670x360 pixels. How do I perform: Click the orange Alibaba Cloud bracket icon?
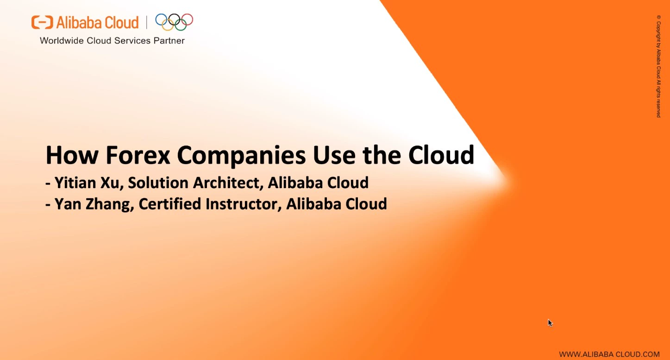(x=42, y=22)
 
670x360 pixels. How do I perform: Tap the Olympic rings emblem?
(x=174, y=22)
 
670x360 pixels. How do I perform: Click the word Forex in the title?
(x=138, y=155)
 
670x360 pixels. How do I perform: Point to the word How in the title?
(x=72, y=155)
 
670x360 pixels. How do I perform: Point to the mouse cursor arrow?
(x=551, y=323)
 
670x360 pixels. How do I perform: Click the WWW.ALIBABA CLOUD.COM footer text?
(x=609, y=354)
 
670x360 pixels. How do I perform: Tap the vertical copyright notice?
(x=658, y=66)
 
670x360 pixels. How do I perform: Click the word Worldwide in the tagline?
(x=62, y=41)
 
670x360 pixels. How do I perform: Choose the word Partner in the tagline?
(x=169, y=41)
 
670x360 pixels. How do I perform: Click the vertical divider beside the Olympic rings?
(x=147, y=22)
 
